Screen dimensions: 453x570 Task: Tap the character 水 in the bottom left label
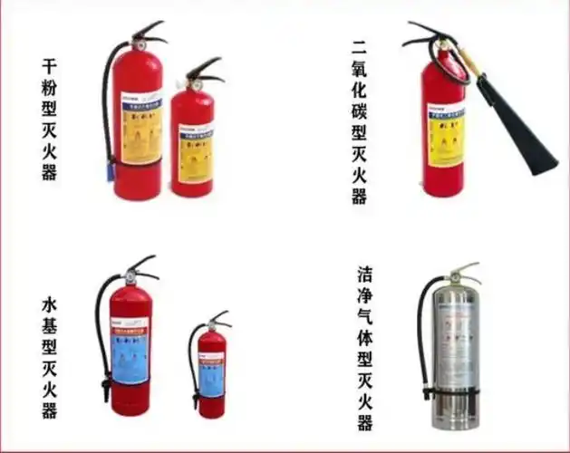pyautogui.click(x=49, y=304)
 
